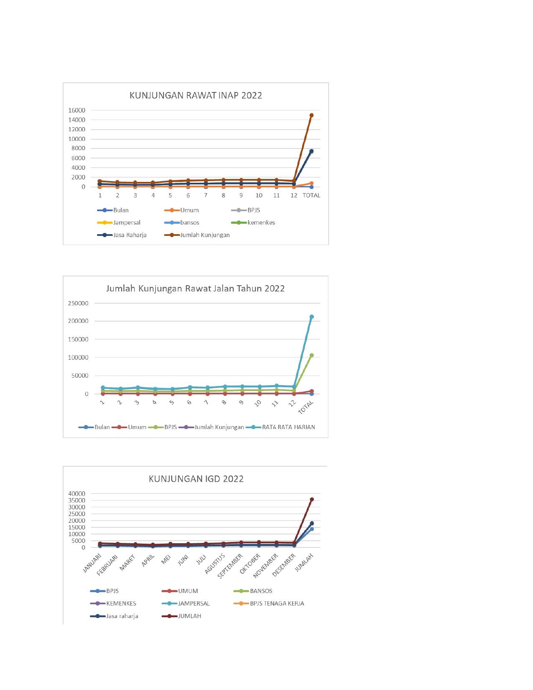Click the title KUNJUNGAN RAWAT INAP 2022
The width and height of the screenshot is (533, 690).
[196, 95]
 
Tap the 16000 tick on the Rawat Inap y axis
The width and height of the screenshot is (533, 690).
[77, 110]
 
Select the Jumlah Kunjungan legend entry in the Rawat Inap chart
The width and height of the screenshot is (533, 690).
[205, 235]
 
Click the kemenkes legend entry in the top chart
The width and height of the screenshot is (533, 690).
[261, 222]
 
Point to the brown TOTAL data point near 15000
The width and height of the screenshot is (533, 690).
[311, 115]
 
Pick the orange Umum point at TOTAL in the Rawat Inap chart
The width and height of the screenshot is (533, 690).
[311, 183]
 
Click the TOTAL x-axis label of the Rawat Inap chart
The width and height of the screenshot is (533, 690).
[311, 195]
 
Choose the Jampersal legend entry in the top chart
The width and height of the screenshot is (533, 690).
[127, 222]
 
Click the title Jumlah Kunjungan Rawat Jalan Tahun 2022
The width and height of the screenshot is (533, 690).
[195, 289]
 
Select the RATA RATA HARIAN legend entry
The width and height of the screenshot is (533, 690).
[288, 427]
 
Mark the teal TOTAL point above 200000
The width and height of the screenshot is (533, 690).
[311, 317]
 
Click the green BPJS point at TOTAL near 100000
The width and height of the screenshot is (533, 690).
[311, 355]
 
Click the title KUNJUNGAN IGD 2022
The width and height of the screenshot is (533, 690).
[196, 479]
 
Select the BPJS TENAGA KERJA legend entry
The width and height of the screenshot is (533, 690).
[277, 603]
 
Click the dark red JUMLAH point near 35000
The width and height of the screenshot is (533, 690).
[311, 499]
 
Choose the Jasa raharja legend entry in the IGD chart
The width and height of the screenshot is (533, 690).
[122, 616]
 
